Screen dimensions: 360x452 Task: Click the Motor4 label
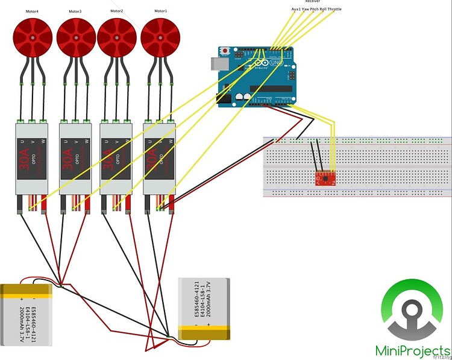[x=33, y=11]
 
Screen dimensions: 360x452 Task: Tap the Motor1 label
[x=160, y=11]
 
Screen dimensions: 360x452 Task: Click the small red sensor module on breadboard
[x=324, y=177]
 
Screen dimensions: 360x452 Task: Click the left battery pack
[x=31, y=314]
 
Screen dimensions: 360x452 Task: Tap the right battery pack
[x=204, y=310]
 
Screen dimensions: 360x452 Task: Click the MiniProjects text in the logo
[x=413, y=350]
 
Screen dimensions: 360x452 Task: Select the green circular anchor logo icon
[x=413, y=311]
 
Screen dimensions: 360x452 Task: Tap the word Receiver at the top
[x=313, y=2]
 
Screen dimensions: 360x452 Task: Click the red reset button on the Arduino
[x=225, y=49]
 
